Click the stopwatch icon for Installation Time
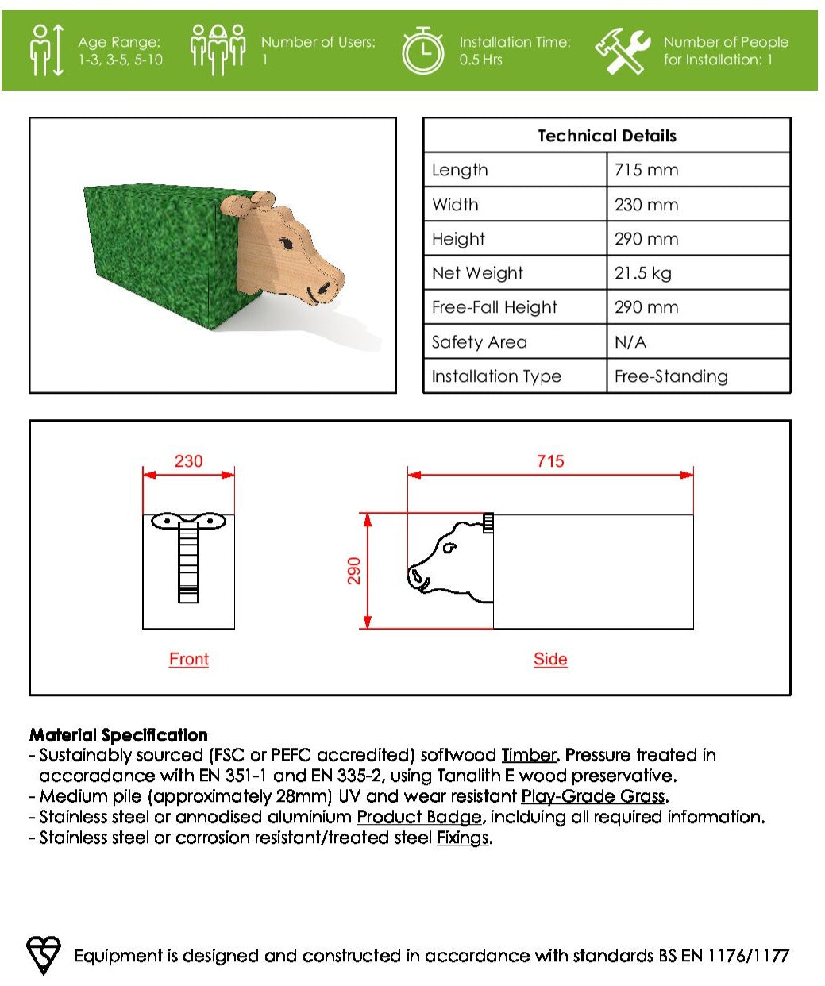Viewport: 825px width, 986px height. click(x=422, y=51)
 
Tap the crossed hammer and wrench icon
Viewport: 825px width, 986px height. click(x=622, y=51)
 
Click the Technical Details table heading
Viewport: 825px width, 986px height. click(x=607, y=136)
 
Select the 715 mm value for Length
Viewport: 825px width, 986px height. click(x=646, y=170)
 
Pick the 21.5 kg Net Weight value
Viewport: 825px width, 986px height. click(x=642, y=273)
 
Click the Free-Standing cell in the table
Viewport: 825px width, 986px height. click(x=671, y=376)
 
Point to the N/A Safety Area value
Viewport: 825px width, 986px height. click(x=630, y=342)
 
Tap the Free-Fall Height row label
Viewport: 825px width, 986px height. click(x=494, y=307)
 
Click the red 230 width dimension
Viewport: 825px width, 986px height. click(x=188, y=461)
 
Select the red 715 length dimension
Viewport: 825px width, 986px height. click(x=550, y=461)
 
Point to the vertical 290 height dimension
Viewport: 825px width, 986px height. click(x=354, y=571)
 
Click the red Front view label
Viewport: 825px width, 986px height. click(x=189, y=659)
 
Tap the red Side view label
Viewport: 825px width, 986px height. click(x=550, y=659)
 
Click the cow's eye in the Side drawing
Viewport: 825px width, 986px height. click(x=450, y=547)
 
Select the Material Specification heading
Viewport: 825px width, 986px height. click(x=118, y=735)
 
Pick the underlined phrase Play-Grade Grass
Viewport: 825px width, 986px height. click(x=593, y=796)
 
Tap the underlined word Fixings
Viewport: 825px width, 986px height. click(x=462, y=838)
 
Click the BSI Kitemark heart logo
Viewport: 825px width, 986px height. click(x=44, y=954)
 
